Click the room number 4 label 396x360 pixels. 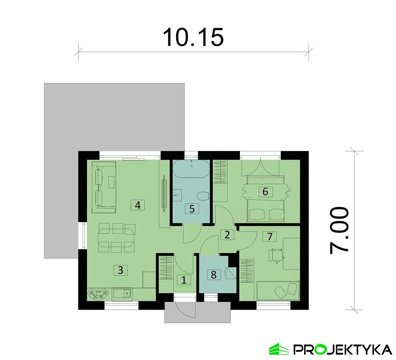click(x=138, y=205)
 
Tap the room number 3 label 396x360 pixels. click(x=120, y=270)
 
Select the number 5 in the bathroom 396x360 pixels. click(x=192, y=209)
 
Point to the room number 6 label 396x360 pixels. click(x=265, y=192)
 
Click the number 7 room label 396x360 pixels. click(x=270, y=236)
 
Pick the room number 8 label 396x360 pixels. click(x=214, y=274)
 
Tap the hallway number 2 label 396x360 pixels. click(x=227, y=234)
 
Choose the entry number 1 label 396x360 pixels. click(x=184, y=280)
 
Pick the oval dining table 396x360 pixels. click(x=116, y=237)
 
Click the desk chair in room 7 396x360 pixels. click(x=276, y=255)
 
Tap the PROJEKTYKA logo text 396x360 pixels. click(x=343, y=349)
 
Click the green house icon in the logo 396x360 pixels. click(x=279, y=349)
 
